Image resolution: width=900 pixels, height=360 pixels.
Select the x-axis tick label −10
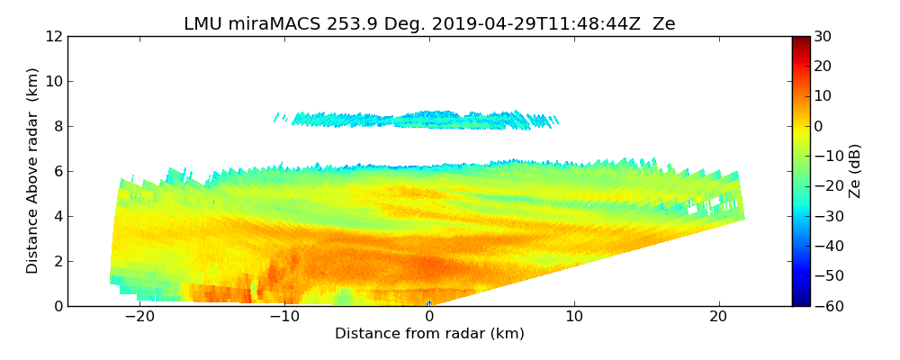(284, 317)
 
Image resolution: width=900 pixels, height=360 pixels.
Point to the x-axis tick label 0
(429, 317)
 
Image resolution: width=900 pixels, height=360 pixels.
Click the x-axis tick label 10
(574, 317)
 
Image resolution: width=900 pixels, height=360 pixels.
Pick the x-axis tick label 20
(718, 317)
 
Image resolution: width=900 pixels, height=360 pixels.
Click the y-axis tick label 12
(54, 37)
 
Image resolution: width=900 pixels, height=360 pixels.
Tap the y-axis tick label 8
(58, 127)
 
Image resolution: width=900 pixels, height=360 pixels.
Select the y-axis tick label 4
(58, 217)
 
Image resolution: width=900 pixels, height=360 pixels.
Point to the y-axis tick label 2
(58, 262)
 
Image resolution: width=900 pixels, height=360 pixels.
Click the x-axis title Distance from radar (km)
(429, 334)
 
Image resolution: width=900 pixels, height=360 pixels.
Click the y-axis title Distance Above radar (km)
(33, 171)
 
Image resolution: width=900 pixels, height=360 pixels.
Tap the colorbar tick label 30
(823, 37)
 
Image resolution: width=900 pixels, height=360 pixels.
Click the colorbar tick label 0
(818, 127)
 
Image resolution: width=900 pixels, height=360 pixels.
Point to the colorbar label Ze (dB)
(855, 171)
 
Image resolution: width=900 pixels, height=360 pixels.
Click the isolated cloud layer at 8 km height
(423, 120)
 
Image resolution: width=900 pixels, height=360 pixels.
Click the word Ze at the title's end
(663, 24)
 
